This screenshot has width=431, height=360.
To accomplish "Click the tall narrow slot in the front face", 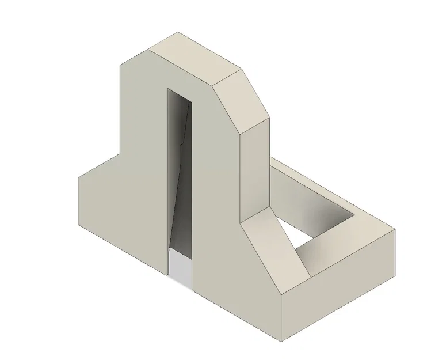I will pyautogui.click(x=180, y=173).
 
